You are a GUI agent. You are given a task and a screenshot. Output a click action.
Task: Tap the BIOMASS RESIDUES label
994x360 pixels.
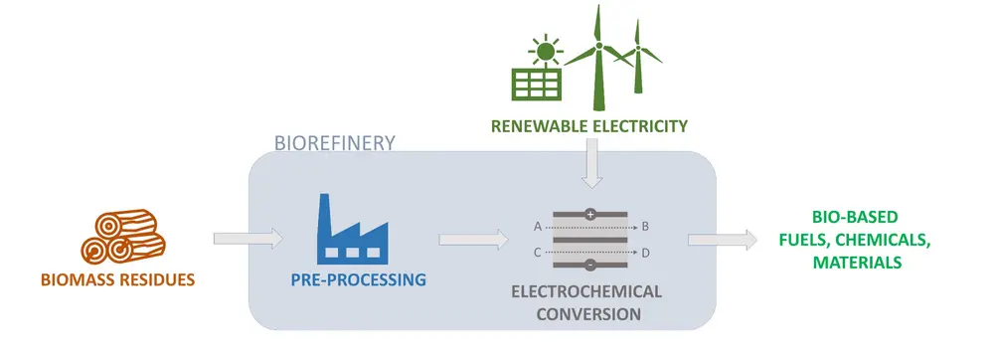[117, 279]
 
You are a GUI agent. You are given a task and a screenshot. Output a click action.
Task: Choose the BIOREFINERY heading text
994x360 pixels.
[334, 142]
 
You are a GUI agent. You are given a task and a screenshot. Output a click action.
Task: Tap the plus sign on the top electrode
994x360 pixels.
[589, 214]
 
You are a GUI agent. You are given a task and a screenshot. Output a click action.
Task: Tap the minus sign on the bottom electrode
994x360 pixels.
[589, 266]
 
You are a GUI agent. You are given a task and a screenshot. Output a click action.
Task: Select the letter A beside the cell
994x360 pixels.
[538, 226]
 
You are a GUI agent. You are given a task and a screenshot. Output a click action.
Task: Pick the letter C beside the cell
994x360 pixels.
[538, 253]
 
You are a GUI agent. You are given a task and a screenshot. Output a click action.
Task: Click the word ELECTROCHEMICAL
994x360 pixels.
[585, 293]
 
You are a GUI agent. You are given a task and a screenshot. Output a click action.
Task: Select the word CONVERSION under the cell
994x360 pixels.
[586, 314]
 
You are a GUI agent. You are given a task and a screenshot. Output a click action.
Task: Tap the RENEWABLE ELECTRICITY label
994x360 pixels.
[588, 126]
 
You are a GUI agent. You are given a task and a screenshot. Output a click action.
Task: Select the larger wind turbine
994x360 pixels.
[598, 60]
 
